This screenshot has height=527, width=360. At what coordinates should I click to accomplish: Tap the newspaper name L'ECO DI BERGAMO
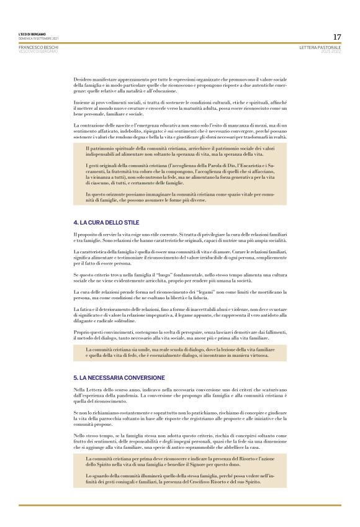click(x=32, y=35)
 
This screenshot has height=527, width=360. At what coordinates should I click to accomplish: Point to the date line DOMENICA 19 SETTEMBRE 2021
click(x=37, y=38)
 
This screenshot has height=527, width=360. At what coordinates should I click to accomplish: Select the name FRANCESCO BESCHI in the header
click(x=38, y=47)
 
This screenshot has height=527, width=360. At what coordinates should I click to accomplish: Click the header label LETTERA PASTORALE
click(x=320, y=47)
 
